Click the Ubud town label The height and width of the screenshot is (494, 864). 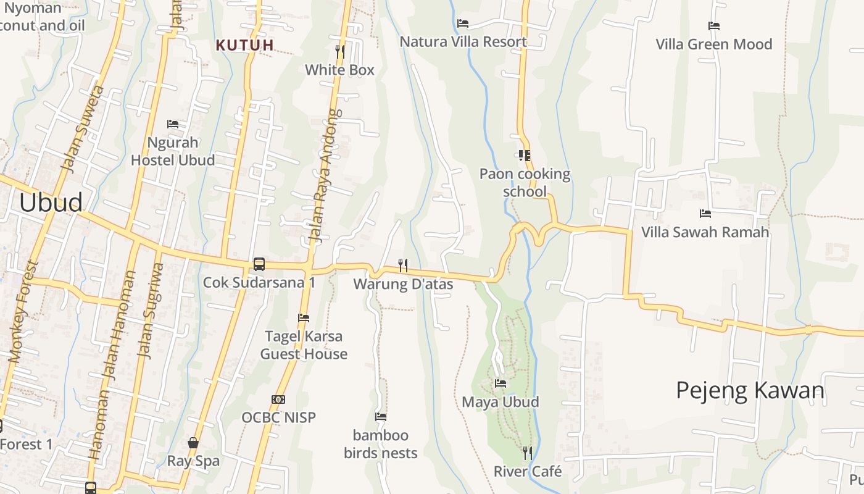pos(51,203)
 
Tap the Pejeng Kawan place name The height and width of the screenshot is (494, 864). pos(750,390)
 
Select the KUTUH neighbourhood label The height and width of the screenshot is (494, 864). pos(245,44)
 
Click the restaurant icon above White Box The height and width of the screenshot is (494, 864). pos(339,51)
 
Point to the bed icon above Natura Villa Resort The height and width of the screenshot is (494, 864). pos(463,23)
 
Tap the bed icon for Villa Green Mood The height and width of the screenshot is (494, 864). pos(714,26)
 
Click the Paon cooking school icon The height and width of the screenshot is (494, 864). pos(525,156)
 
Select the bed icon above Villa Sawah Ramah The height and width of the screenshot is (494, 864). pos(705,214)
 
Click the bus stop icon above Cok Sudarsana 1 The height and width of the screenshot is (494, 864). pos(259,264)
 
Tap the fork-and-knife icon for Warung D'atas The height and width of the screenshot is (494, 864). pos(403,266)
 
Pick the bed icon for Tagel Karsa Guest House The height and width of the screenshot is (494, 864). pos(304,318)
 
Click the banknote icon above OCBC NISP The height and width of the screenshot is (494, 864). pos(278,400)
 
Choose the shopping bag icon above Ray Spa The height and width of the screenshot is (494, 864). pos(193,443)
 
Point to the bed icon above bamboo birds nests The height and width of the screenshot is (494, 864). pos(381,417)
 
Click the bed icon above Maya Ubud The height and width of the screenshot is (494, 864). pos(501,383)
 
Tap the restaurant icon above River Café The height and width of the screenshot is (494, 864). pos(527,453)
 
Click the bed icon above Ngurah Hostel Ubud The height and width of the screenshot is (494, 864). pos(173,124)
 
